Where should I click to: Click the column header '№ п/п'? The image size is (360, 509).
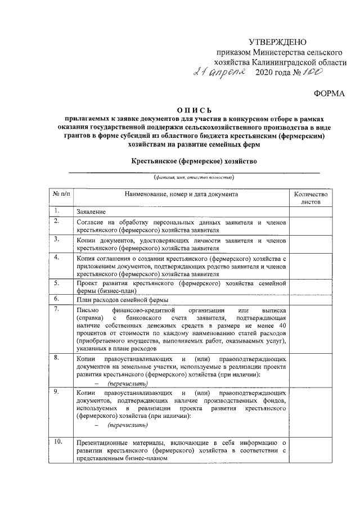(62, 194)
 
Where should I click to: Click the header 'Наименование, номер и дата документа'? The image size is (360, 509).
(181, 194)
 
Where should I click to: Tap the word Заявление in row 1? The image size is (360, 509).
(92, 211)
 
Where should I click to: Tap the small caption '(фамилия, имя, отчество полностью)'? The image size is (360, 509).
(194, 177)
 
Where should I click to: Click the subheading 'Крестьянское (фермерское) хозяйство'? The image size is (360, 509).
(194, 161)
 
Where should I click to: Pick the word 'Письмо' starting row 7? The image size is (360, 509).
(88, 310)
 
